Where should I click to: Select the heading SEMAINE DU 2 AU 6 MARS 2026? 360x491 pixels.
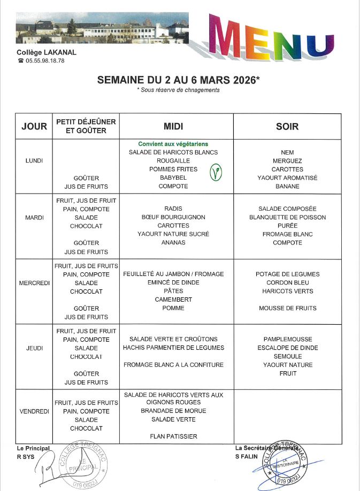click(178, 80)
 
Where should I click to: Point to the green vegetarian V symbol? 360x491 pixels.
click(215, 172)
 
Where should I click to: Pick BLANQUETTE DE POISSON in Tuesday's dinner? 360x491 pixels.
click(287, 217)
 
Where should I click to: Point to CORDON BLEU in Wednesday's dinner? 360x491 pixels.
click(287, 282)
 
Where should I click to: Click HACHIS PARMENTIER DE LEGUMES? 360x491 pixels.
click(173, 348)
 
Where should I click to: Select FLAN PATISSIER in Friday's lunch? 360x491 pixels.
click(173, 436)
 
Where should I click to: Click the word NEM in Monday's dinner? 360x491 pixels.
click(287, 152)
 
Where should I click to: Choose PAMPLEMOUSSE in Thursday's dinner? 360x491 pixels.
click(287, 339)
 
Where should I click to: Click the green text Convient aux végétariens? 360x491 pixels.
click(173, 144)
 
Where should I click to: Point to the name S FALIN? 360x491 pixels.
click(246, 455)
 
